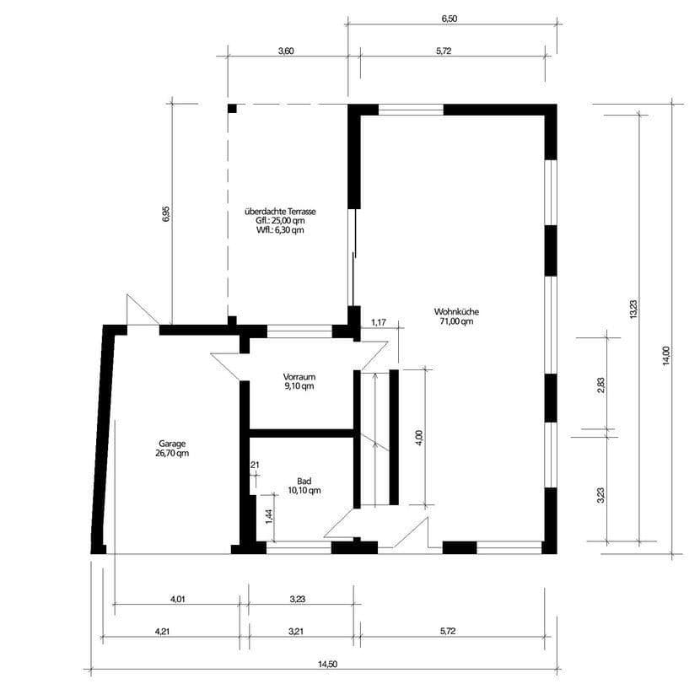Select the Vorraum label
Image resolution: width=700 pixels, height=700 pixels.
pos(299,376)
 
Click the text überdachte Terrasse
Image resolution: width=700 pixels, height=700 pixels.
pos(280,211)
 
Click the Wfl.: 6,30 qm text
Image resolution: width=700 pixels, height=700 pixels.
pos(280,229)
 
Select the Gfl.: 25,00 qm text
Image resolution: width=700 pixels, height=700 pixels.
pos(280,220)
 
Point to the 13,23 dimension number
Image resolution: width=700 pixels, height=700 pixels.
pos(633,310)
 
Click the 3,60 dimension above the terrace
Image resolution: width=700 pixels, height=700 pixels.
pos(286,51)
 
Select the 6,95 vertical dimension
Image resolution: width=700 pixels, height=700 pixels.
pos(166,214)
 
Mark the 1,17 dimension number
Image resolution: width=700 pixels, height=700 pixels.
pos(378,321)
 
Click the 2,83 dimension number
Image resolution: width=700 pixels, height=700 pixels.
pos(600,385)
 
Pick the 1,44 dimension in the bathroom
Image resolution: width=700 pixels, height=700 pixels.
pos(268,516)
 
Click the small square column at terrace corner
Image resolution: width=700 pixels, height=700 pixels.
pos(232,108)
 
